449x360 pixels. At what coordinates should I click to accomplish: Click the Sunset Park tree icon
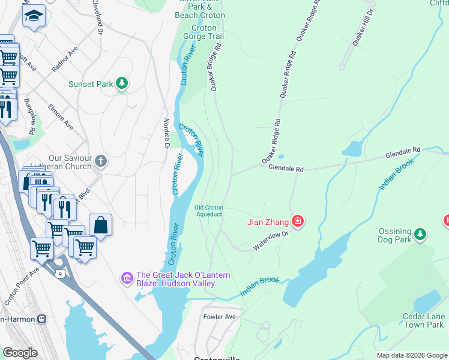coord(122,83)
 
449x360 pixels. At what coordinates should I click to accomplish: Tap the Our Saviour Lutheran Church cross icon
coord(101,161)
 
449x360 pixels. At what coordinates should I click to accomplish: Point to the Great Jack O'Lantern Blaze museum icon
coord(127,278)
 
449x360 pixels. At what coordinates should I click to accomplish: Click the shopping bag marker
coord(101,226)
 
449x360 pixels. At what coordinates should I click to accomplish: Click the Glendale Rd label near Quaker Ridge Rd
coord(286,169)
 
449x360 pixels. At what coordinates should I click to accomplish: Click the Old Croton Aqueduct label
coord(208,211)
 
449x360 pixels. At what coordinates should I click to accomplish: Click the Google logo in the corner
coord(20,352)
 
